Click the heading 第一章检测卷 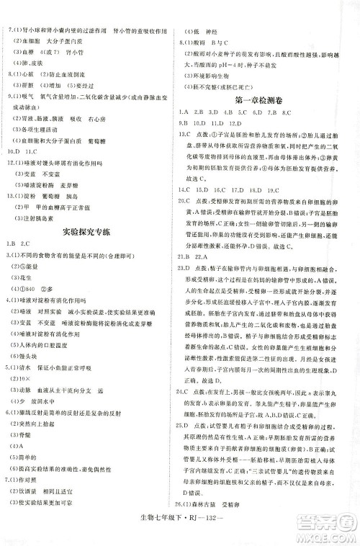[260, 99]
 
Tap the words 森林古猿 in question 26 [217, 522]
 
